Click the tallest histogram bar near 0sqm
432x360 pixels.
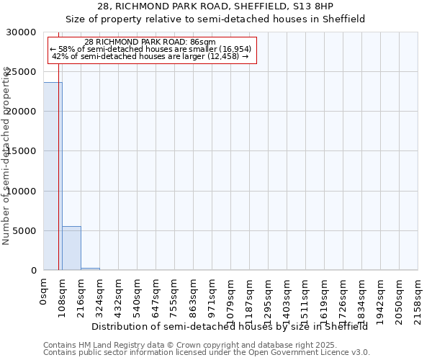click(53, 176)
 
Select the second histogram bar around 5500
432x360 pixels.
click(71, 248)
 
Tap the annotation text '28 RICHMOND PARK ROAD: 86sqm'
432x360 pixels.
click(150, 42)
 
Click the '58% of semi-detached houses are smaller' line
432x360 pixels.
click(150, 49)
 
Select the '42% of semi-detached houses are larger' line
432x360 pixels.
click(150, 56)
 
